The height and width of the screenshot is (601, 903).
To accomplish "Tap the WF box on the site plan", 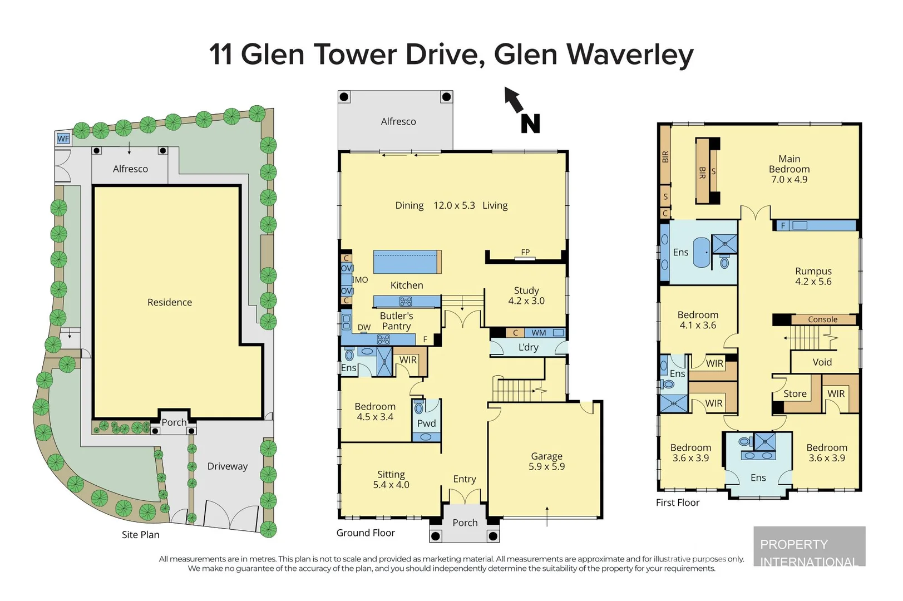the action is [63, 139].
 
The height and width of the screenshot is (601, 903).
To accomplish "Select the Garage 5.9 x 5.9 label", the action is [546, 461].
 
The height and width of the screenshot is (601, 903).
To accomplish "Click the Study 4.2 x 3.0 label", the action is [526, 295].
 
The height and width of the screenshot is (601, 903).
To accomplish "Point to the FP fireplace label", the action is [525, 252].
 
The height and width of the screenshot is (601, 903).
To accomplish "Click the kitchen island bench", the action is [407, 262].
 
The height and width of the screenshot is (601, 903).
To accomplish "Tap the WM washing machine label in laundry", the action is [539, 333].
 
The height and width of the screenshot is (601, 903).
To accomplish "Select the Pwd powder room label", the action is [426, 423].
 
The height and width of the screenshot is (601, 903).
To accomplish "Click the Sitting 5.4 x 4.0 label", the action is [391, 479].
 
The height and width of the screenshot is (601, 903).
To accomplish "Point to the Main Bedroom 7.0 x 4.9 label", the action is [789, 169].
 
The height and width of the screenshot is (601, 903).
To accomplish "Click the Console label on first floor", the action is [822, 319].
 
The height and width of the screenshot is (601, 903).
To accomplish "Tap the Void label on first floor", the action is [822, 362].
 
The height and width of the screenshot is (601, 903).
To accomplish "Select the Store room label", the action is [795, 393].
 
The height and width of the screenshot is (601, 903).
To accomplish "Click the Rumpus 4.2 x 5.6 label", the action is [813, 276].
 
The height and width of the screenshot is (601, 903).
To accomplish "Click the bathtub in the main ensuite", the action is [702, 252].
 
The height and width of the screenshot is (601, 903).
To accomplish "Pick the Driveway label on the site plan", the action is [228, 466].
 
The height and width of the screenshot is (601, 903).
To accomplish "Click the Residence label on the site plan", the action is [169, 302].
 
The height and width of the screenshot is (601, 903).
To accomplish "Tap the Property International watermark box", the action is [810, 546].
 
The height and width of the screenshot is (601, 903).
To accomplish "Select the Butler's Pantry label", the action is [396, 321].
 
